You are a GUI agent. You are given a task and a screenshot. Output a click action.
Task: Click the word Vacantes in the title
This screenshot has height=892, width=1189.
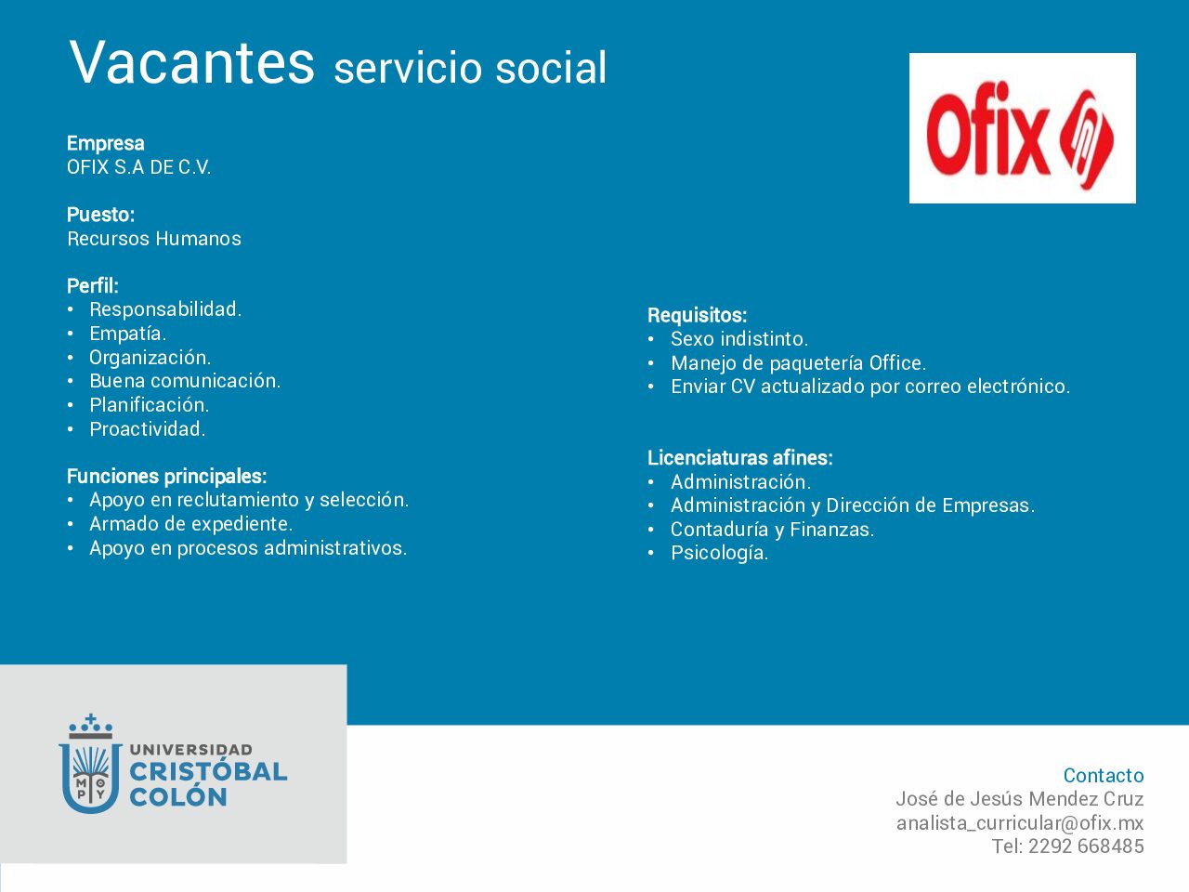[x=191, y=62]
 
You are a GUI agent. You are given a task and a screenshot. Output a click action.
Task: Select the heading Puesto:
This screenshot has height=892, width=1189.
[x=100, y=215]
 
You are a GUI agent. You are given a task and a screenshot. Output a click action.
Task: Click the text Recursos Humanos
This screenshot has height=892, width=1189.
[x=154, y=238]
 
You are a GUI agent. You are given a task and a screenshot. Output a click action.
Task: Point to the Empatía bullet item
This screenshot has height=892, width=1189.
[x=128, y=334]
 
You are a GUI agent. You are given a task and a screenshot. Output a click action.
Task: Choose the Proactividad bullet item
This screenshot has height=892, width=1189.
[x=148, y=429]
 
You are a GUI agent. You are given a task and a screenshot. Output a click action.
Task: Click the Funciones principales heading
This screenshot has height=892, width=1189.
[x=167, y=476]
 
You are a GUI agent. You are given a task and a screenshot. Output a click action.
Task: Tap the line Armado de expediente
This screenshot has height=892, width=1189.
[x=191, y=524]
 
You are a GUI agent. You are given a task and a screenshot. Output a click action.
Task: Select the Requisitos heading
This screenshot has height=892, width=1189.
[x=698, y=315]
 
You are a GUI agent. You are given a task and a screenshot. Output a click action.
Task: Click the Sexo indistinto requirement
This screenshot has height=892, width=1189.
[x=739, y=339]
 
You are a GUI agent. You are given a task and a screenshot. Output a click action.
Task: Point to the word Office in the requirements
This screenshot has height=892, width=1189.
[x=897, y=363]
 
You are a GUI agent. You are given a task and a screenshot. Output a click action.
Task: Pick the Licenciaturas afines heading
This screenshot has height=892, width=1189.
[x=740, y=458]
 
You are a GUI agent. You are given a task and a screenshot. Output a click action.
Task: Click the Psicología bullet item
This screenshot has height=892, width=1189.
[x=719, y=553]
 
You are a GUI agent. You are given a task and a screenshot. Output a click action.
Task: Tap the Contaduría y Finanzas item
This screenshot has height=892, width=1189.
[x=773, y=529]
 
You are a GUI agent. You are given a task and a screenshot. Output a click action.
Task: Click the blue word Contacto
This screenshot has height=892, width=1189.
[x=1104, y=775]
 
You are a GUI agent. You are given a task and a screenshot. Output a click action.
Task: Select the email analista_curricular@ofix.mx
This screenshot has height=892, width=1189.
[x=1020, y=822]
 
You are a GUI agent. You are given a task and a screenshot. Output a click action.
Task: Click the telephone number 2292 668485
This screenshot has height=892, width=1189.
[x=1086, y=846]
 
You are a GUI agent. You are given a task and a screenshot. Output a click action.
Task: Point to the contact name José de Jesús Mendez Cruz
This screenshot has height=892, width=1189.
[x=1020, y=799]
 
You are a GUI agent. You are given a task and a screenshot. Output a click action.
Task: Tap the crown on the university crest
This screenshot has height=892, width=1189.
[x=90, y=727]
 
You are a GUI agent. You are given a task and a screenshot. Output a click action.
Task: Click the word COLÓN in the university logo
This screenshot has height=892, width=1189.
[x=178, y=796]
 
